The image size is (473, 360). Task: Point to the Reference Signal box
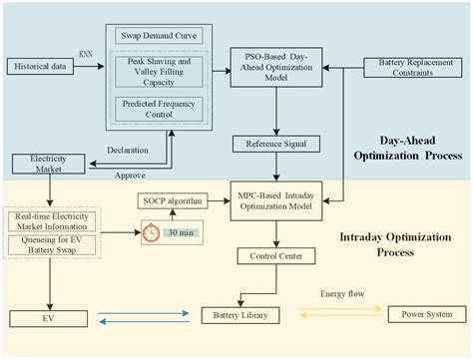pyautogui.click(x=274, y=145)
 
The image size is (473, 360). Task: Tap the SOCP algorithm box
pyautogui.click(x=173, y=201)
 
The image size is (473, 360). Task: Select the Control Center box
pyautogui.click(x=275, y=257)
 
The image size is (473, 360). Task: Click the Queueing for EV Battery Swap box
pyautogui.click(x=53, y=243)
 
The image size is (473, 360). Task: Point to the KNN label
pyautogui.click(x=87, y=54)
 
